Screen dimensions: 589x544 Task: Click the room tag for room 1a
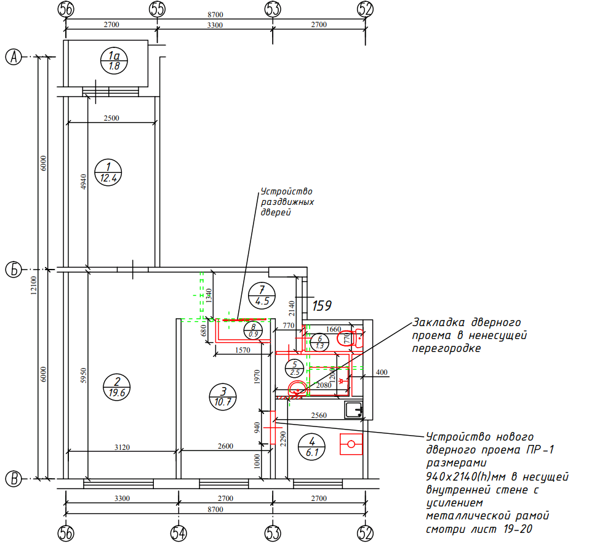114,61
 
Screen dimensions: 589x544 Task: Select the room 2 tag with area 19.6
117,387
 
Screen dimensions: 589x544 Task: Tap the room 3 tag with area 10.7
223,397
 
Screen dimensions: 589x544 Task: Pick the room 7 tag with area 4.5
262,295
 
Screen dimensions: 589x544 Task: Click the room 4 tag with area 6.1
312,447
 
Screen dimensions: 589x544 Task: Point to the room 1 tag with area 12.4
108,173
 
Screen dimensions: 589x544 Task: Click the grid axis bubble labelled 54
178,533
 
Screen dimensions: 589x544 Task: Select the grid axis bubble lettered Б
14,270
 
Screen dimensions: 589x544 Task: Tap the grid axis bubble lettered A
14,57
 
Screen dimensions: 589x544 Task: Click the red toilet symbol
350,338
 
